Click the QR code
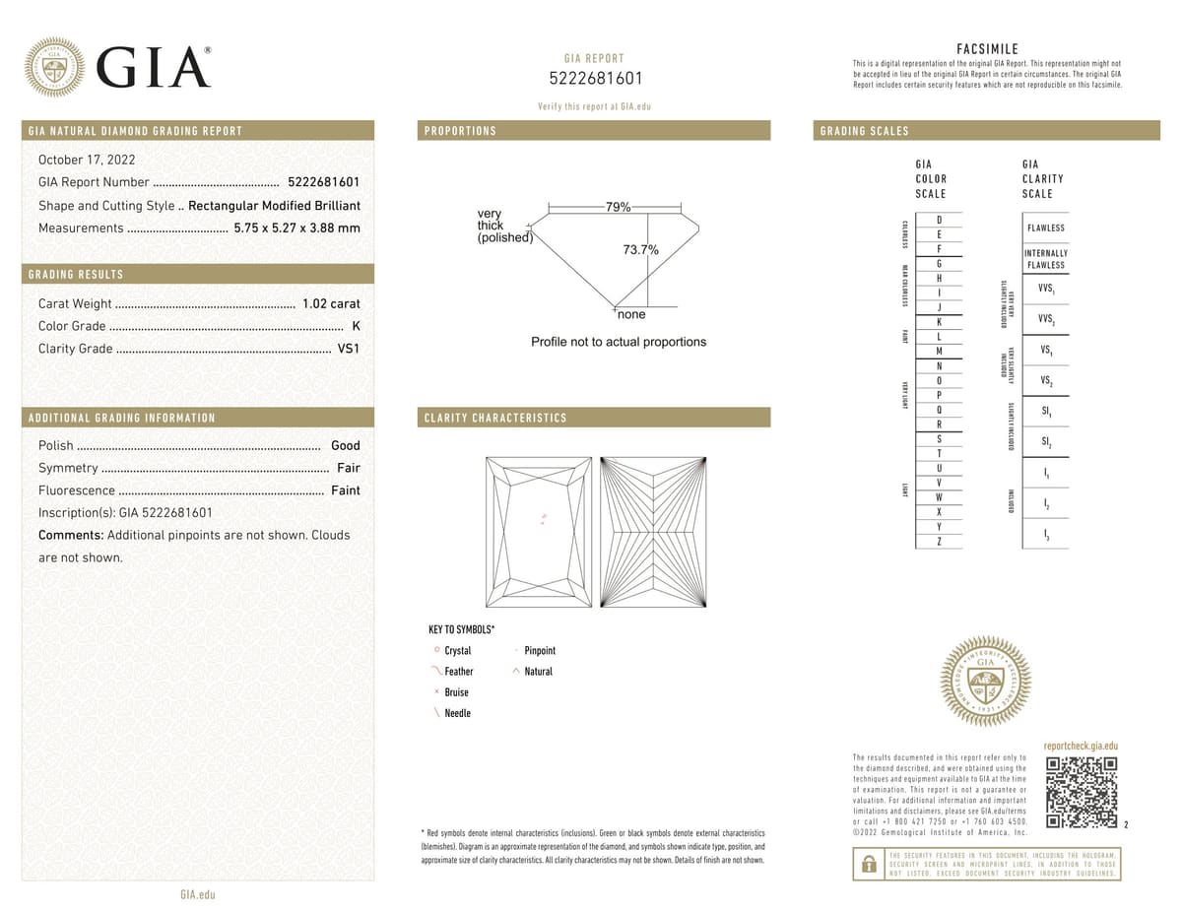(x=1081, y=793)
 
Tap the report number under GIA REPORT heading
(x=594, y=79)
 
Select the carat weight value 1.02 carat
(x=330, y=304)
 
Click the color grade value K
(x=356, y=326)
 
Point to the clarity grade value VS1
(x=349, y=349)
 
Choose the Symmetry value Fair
(x=348, y=468)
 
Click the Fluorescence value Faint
(x=345, y=490)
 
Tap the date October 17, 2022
(x=87, y=160)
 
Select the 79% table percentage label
(x=618, y=207)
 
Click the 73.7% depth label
(x=640, y=250)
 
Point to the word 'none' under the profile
(x=631, y=315)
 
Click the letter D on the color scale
(x=940, y=220)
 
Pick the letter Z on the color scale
(x=940, y=542)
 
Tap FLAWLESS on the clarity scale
(x=1045, y=228)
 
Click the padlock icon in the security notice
(x=869, y=864)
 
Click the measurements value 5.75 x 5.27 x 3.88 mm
(x=296, y=228)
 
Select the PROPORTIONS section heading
(x=460, y=131)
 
